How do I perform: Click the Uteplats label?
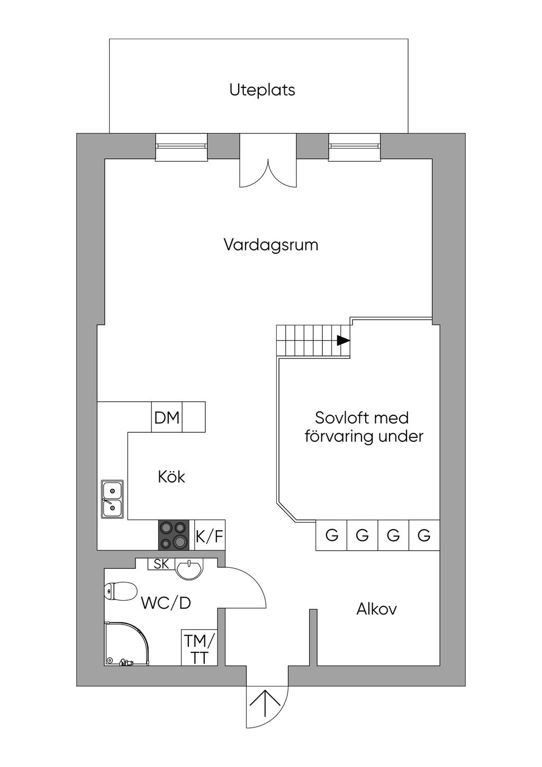coord(262,90)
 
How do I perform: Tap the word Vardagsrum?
coord(271,245)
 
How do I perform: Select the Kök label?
coord(171,477)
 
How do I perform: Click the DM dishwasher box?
coord(167,417)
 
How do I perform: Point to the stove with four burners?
coord(173,535)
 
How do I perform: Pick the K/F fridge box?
coord(210,535)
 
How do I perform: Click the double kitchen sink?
coord(112,499)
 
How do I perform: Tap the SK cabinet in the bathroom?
coord(161,564)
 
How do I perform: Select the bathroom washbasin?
coord(189,569)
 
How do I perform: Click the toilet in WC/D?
coord(120,591)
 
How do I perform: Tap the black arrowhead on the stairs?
coord(344,341)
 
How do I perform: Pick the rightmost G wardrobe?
coord(424,535)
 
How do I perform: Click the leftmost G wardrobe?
coord(331,535)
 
